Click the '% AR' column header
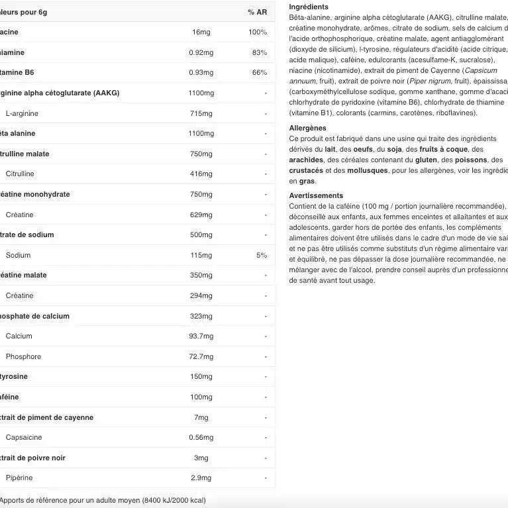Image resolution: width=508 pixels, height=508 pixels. tap(257, 12)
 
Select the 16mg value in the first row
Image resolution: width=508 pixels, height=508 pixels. tap(201, 32)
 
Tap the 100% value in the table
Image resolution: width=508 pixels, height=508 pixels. tap(258, 32)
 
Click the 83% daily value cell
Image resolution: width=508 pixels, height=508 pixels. tap(260, 52)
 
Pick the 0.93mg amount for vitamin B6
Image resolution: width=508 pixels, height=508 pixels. tap(201, 73)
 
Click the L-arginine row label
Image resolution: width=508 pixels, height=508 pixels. tap(22, 113)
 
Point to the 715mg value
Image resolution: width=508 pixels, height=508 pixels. tap(201, 113)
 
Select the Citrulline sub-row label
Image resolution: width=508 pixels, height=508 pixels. tap(20, 174)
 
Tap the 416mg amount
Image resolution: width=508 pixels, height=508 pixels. tap(201, 174)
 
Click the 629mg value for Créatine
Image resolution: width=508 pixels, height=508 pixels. tap(201, 215)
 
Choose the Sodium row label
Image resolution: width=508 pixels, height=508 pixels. tap(18, 255)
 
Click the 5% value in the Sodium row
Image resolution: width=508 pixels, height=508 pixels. tap(262, 255)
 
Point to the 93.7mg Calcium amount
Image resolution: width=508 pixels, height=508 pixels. tap(201, 336)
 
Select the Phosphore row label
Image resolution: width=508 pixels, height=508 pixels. tap(23, 356)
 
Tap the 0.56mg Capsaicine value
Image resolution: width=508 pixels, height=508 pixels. tap(201, 437)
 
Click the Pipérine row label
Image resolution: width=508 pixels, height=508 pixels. tap(19, 478)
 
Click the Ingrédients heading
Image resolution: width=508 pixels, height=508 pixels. tap(309, 7)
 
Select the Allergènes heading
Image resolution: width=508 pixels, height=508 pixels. tap(308, 128)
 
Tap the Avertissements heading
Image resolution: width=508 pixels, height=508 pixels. tap(316, 195)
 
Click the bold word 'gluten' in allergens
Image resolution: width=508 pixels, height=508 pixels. tap(426, 160)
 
